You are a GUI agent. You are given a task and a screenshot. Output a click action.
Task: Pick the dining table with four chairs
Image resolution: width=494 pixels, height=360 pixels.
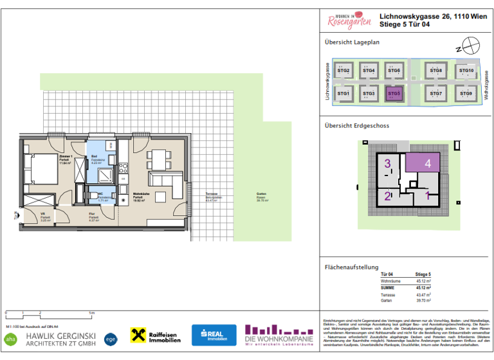[158, 157]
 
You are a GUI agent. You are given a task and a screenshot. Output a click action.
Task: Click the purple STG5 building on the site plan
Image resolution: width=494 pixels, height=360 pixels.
[394, 93]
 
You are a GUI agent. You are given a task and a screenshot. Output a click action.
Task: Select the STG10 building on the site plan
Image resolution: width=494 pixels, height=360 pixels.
[466, 71]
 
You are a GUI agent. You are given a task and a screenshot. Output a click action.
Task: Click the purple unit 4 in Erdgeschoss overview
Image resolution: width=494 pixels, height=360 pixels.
[423, 163]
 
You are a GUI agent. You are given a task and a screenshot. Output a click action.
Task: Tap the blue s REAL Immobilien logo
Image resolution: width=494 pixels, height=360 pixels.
[214, 335]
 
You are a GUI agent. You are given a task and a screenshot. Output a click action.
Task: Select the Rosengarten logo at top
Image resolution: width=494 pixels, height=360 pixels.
[349, 21]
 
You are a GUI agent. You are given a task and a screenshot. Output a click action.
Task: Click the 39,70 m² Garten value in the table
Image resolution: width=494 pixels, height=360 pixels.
[423, 300]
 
